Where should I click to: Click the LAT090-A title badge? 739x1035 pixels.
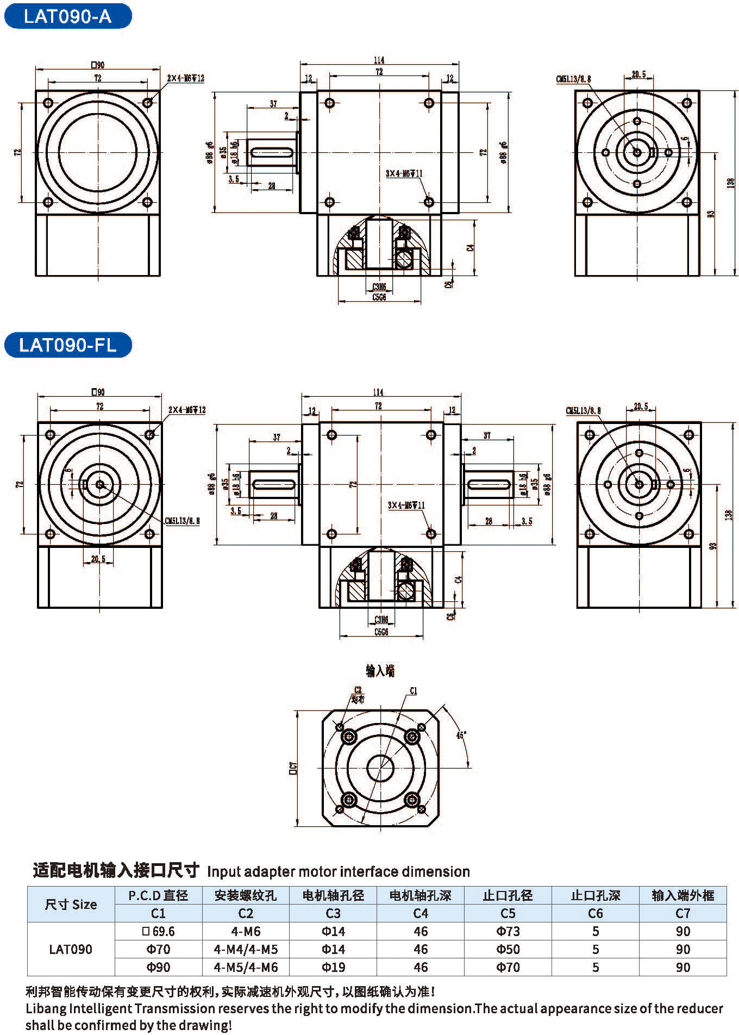point(67,16)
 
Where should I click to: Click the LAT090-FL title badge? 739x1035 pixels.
point(67,345)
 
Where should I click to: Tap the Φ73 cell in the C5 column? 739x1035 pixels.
point(508,931)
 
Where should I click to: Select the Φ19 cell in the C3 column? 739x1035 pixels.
point(333,967)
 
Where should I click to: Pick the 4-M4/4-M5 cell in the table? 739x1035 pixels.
point(246,949)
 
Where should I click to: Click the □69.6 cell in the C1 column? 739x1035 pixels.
point(158,931)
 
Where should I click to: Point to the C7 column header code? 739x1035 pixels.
point(682,913)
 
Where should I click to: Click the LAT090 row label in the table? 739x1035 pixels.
point(71,949)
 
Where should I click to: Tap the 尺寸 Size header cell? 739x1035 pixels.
point(71,904)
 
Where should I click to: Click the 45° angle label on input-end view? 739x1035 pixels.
point(461,735)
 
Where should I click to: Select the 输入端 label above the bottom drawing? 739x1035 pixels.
point(380,671)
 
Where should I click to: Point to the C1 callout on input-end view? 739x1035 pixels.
point(414,690)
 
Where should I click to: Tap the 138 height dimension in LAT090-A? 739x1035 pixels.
point(730,183)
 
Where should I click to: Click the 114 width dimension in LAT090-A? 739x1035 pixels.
point(379,60)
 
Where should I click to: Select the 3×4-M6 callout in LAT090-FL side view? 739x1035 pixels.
point(406,505)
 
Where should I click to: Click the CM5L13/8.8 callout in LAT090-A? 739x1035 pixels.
point(573,79)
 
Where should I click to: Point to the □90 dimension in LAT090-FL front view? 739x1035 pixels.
point(98,391)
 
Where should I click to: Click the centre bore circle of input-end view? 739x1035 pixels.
point(380,768)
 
